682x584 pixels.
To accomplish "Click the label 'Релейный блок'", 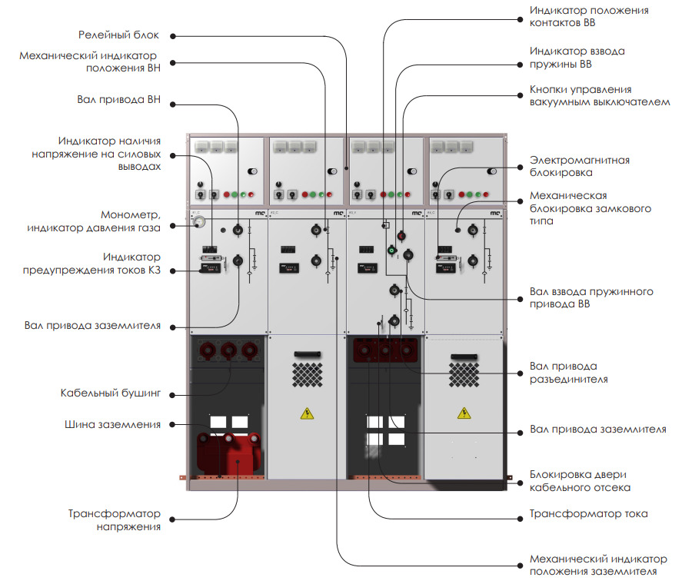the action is (118, 35).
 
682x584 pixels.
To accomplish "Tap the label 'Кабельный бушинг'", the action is (111, 393).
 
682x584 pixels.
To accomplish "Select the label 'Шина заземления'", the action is (113, 424).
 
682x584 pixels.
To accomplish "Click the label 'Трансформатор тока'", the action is (588, 513).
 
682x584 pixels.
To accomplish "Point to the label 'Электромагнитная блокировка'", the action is (579, 166).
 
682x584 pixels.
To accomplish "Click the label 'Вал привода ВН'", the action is (118, 100).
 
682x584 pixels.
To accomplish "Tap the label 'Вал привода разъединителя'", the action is (568, 373).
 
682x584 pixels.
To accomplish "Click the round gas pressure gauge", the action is (199, 222).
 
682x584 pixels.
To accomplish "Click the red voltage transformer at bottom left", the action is (230, 453).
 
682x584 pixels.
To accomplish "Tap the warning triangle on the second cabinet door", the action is (307, 413).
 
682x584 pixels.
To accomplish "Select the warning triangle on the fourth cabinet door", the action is (464, 413).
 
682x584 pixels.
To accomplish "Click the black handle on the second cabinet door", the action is (308, 354).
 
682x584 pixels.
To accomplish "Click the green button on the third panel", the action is (391, 250).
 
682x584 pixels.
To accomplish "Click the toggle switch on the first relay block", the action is (252, 171).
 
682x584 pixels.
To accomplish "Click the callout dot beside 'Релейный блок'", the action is (173, 37).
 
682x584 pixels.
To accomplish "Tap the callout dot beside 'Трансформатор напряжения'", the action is (172, 519).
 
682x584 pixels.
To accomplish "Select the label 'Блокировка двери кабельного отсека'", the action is (580, 481).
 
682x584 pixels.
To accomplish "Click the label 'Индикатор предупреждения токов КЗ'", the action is (91, 264).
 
